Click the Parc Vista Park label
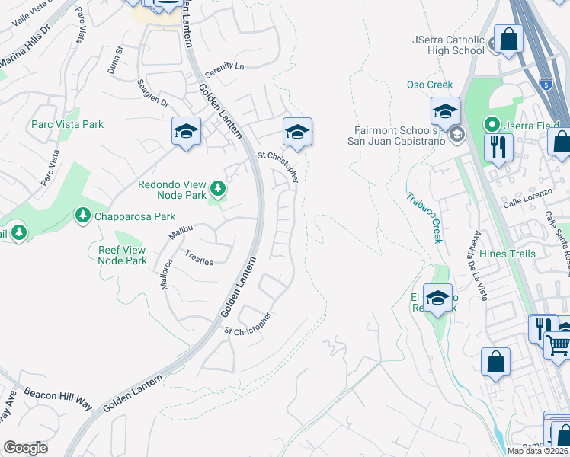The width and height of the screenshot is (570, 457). pos(67,124)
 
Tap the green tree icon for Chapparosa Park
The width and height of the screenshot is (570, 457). pos(82,216)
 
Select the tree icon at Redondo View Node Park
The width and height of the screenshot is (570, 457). pos(218,187)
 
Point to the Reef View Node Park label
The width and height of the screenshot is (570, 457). pos(122,255)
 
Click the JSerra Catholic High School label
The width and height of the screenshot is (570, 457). pos(448,45)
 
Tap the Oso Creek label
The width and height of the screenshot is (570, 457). pos(430,85)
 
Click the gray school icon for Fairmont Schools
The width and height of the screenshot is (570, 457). pos(456,136)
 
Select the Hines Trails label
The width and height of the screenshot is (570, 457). pos(508,253)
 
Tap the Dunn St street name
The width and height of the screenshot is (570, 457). pos(119,59)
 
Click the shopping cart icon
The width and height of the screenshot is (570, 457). pos(559,344)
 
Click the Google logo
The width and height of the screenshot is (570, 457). pos(25,448)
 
